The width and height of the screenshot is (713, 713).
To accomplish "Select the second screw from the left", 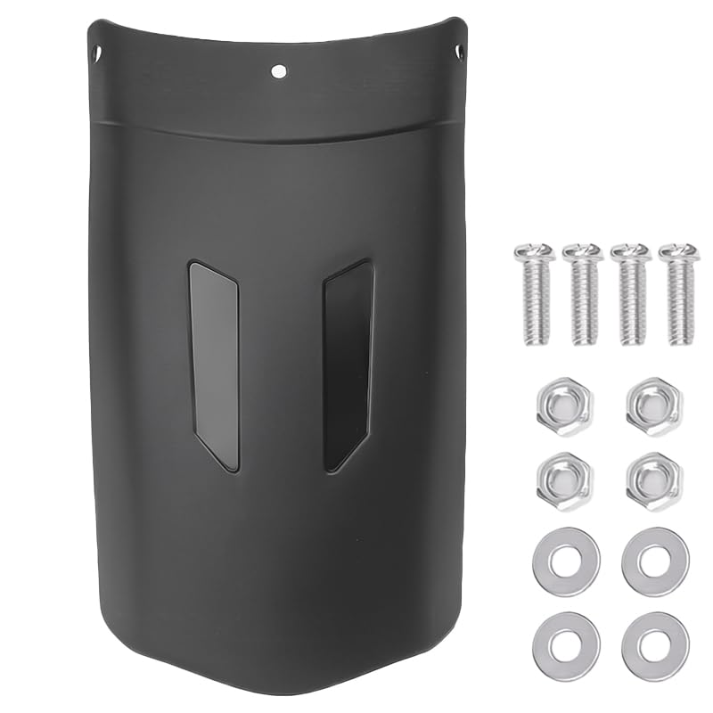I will point(583,294).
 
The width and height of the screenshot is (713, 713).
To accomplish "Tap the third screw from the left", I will point(630,294).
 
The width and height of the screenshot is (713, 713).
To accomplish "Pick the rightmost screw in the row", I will point(678,294).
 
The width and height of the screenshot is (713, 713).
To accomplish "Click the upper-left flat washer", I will point(566,561).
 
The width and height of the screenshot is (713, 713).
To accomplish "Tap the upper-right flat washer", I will point(655,561).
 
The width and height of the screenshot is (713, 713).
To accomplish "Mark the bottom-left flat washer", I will point(566,643).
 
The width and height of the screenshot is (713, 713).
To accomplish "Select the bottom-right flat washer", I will point(655,643).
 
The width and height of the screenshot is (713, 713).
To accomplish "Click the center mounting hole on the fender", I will point(279,70).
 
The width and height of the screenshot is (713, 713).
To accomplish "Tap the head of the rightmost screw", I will point(678,253).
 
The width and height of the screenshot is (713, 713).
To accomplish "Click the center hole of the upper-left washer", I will point(566,561).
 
